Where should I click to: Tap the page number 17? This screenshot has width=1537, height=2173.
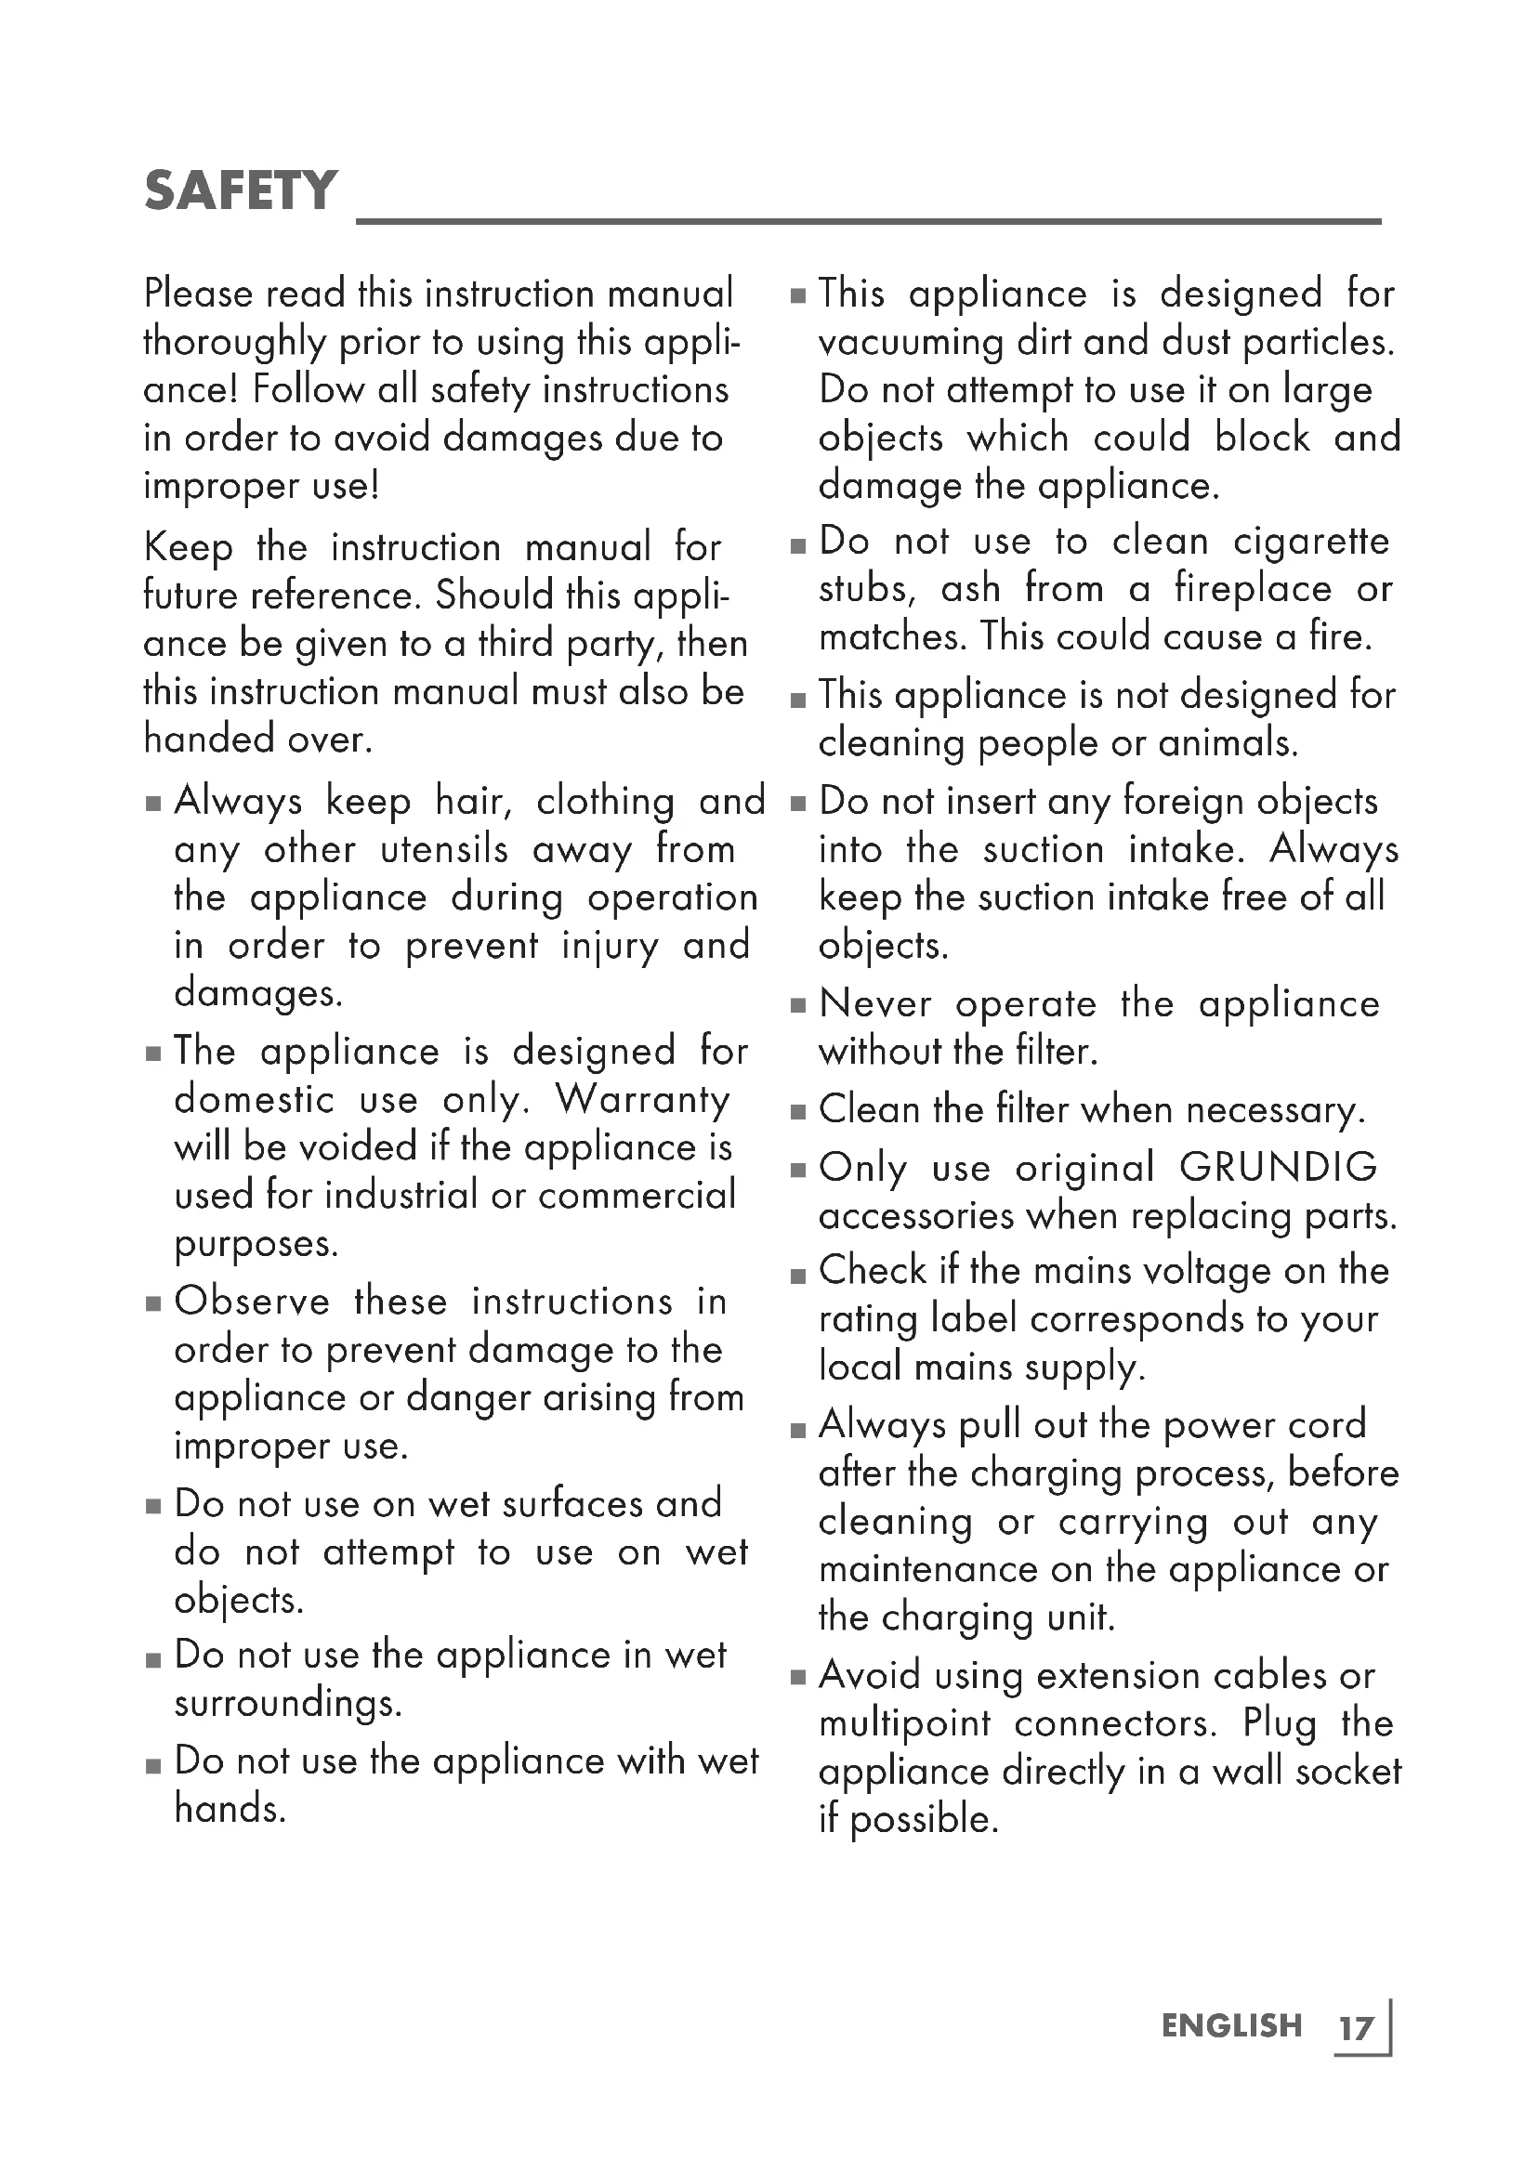pyautogui.click(x=1355, y=2028)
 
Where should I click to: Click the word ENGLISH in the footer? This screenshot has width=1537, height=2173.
pyautogui.click(x=1231, y=2025)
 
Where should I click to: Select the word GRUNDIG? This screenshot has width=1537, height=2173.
pyautogui.click(x=1278, y=1167)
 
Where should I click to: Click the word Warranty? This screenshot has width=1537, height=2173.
pyautogui.click(x=643, y=1099)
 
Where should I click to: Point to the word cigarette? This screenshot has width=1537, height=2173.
pyautogui.click(x=1311, y=542)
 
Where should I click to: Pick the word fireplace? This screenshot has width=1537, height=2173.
pyautogui.click(x=1252, y=590)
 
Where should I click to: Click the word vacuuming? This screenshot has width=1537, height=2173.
pyautogui.click(x=911, y=343)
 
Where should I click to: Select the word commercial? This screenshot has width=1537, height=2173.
pyautogui.click(x=637, y=1196)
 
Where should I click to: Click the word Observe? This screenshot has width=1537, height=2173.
pyautogui.click(x=252, y=1302)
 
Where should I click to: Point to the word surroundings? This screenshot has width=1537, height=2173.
pyautogui.click(x=288, y=1704)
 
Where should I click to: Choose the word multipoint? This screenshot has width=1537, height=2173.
pyautogui.click(x=904, y=1723)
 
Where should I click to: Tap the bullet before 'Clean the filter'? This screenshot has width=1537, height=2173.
pyautogui.click(x=798, y=1112)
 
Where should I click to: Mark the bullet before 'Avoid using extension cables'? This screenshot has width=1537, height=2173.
pyautogui.click(x=798, y=1678)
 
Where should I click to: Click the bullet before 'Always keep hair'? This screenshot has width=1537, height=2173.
pyautogui.click(x=153, y=805)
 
